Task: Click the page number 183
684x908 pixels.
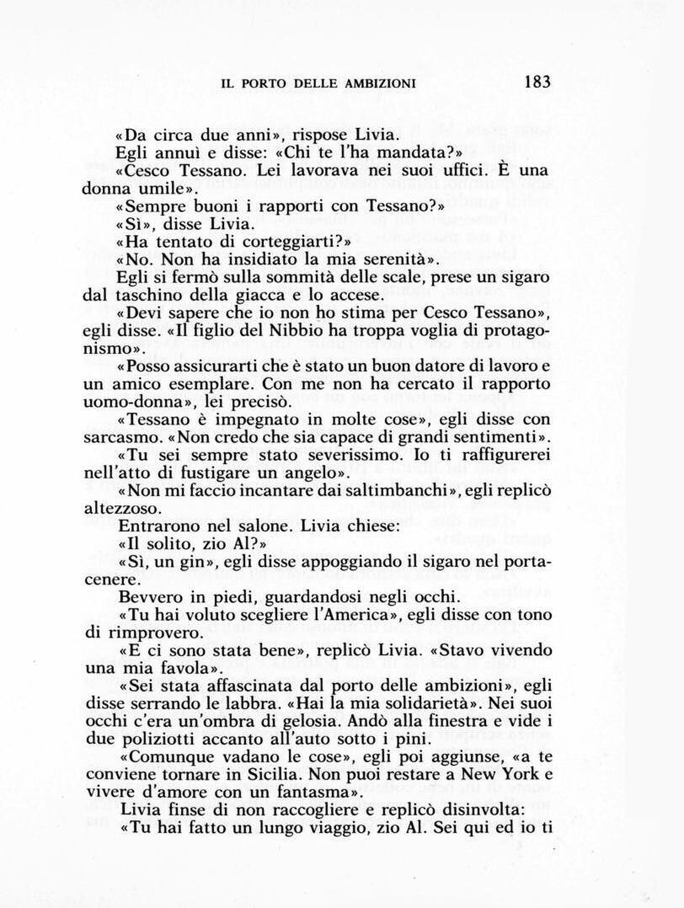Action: click(536, 82)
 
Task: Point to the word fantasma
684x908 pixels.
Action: click(327, 793)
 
